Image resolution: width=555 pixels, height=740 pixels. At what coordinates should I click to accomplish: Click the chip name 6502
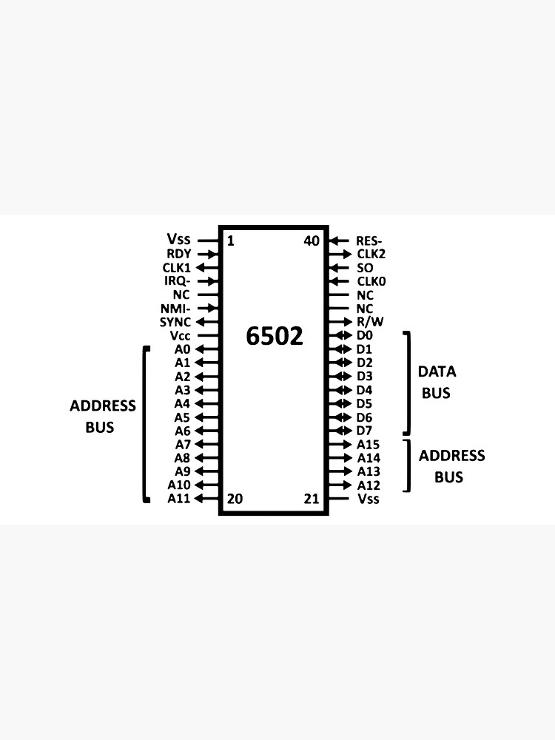click(x=275, y=336)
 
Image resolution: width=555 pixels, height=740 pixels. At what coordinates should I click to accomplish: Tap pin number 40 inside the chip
click(x=312, y=240)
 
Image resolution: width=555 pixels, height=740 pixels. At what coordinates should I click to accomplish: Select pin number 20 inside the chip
click(x=235, y=499)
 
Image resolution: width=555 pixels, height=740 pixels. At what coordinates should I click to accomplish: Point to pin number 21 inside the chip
click(x=312, y=499)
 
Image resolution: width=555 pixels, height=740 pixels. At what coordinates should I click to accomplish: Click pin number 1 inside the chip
click(x=230, y=240)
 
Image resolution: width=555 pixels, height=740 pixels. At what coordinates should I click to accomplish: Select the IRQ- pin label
click(x=177, y=281)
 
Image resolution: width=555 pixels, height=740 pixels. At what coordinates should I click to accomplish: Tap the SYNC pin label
click(x=175, y=322)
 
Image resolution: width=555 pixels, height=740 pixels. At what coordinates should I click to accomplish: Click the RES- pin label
click(x=370, y=240)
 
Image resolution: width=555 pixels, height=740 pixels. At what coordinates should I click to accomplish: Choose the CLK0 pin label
click(x=371, y=281)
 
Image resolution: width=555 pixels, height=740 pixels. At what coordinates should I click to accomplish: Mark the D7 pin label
click(x=364, y=431)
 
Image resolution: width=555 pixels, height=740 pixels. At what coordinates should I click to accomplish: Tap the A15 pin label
click(x=368, y=444)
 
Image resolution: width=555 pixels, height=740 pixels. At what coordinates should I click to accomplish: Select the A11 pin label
click(x=179, y=499)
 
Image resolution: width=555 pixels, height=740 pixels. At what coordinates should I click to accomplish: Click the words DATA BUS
click(x=437, y=382)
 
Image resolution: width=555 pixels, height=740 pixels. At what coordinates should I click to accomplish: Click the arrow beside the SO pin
click(x=338, y=267)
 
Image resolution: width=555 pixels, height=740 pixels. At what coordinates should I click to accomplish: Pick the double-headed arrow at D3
click(x=339, y=376)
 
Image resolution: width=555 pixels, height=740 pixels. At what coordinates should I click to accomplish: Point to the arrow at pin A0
click(x=207, y=349)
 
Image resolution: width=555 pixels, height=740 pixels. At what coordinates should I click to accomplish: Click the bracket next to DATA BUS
click(x=407, y=383)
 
